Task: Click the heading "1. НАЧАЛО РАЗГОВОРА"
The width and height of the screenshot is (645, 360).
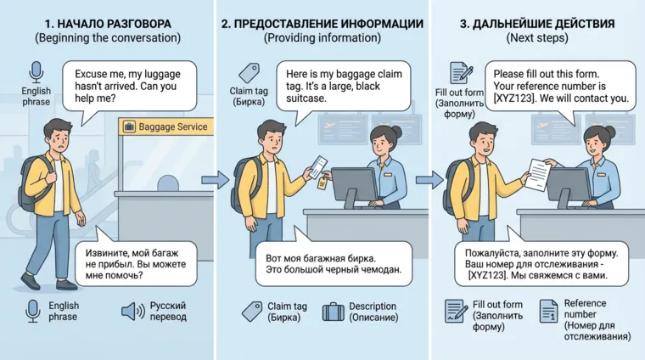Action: click(x=107, y=24)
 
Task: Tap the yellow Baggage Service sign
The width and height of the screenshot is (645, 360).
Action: click(x=165, y=127)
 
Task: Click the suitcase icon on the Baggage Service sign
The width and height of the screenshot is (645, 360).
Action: click(x=129, y=127)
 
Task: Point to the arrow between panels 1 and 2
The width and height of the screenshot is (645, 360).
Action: click(x=217, y=179)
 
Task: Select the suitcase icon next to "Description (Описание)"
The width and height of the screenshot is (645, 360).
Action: click(x=333, y=312)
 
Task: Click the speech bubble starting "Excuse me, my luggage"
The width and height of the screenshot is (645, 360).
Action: click(x=135, y=87)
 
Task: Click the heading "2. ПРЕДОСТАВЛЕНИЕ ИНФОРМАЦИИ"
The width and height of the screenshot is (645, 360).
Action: click(x=322, y=24)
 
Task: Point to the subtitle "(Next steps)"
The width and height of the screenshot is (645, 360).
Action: click(x=537, y=39)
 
